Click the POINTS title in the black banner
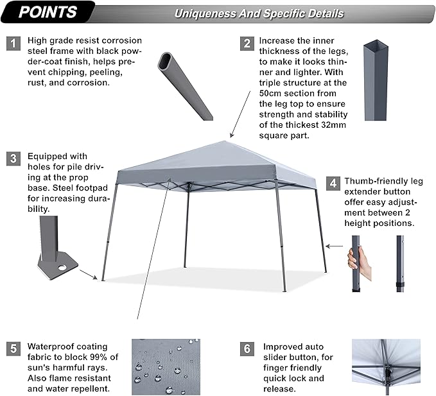(x=48, y=12)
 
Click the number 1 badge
(x=12, y=43)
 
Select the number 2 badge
(x=247, y=43)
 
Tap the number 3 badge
(x=12, y=159)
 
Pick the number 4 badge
(x=332, y=183)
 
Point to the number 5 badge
(x=12, y=349)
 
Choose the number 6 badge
(x=247, y=349)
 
